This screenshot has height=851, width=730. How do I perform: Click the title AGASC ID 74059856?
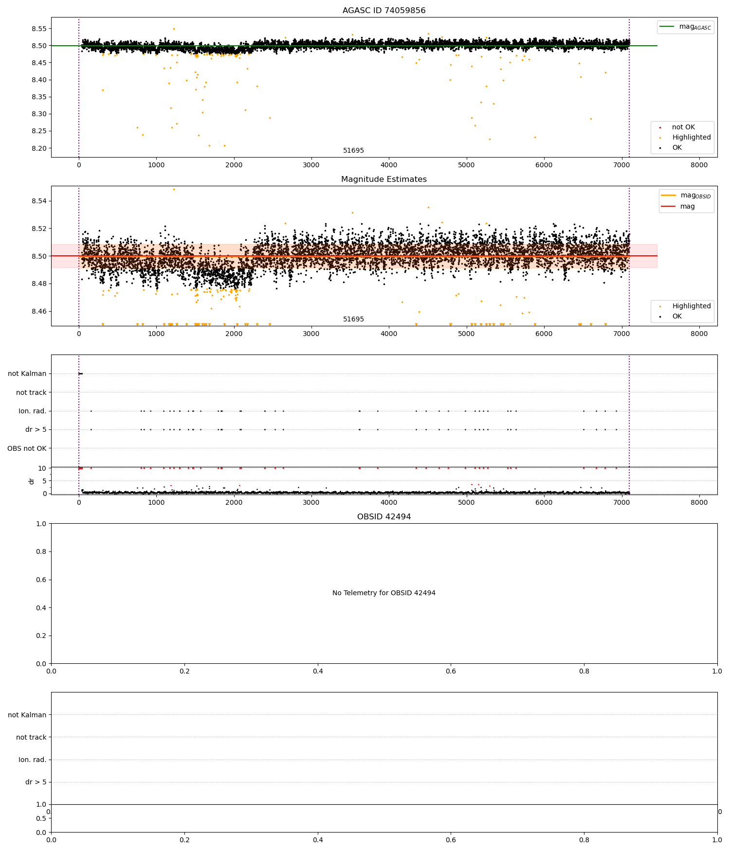[383, 11]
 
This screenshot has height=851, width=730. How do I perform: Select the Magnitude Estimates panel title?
[383, 179]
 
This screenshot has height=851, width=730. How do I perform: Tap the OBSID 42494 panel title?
[383, 517]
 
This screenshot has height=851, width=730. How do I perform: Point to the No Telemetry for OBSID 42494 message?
[383, 593]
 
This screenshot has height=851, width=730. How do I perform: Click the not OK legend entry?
[683, 127]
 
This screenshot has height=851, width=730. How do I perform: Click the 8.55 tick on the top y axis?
[38, 29]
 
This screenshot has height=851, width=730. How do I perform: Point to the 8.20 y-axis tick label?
[38, 148]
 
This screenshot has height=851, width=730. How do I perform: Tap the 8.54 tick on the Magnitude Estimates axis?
[38, 201]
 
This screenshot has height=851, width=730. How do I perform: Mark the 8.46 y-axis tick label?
[38, 311]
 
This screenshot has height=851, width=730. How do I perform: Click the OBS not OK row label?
[27, 448]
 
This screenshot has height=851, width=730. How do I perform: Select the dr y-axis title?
[32, 481]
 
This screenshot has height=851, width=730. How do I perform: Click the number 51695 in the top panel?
[353, 151]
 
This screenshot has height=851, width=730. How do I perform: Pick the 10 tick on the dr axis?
[42, 468]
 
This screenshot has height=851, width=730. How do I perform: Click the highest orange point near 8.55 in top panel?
[174, 29]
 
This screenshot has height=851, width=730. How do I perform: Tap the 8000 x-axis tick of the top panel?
[699, 165]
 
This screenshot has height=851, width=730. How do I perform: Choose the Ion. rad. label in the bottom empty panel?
[32, 760]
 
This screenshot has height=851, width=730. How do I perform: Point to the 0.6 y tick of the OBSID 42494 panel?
[42, 580]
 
